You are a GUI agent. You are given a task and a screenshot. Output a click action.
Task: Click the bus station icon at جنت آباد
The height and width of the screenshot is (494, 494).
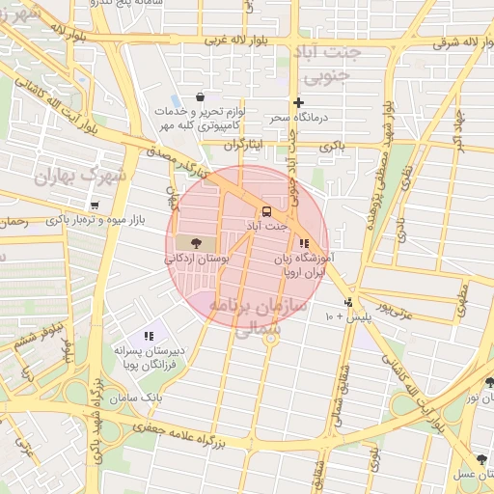point(264,211)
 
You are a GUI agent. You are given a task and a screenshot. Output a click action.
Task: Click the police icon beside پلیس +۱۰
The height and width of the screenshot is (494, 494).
point(348,301)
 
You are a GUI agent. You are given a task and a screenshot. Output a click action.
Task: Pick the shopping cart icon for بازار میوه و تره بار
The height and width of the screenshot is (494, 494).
point(95,206)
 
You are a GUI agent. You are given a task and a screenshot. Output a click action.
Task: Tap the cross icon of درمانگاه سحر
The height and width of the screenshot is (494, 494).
point(298,102)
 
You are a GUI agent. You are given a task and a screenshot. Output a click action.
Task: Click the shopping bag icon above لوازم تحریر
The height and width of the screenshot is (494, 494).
point(200,97)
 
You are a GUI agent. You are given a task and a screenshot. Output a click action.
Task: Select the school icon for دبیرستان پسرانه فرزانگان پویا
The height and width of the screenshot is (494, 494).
point(149,336)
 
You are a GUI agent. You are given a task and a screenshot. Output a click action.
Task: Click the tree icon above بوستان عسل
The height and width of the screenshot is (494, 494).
point(481,459)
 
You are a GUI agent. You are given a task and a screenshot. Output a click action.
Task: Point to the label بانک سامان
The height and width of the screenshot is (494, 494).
point(132,398)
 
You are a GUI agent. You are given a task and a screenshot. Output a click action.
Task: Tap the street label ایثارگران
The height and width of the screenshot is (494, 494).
point(242,145)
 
